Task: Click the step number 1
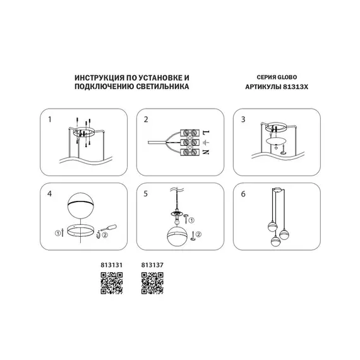pos(50,119)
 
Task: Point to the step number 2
pos(146,119)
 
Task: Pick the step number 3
pos(243,119)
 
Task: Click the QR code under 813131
pos(111,282)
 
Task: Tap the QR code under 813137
pos(152,282)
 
